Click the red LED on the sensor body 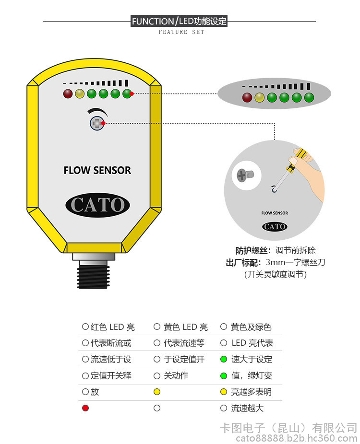pos(68,93)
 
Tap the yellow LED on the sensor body pos(80,93)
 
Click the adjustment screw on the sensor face pos(96,123)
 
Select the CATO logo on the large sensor pos(97,205)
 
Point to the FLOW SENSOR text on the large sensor pos(97,170)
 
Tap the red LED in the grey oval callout pos(247,98)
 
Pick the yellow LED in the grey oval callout pos(260,98)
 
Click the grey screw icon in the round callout pos(246,175)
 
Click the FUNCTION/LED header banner pos(179,21)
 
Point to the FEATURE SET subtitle pos(181,32)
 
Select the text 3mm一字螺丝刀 pos(295,262)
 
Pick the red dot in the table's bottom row pos(85,408)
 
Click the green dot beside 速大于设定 pos(223,359)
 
